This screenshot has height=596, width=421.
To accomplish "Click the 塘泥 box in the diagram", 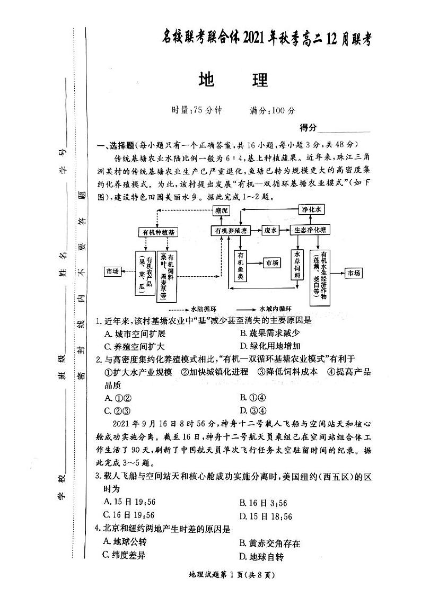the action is [221, 211].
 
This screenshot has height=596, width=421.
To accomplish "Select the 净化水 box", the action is [312, 209].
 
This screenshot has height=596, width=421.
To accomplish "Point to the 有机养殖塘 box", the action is [231, 231].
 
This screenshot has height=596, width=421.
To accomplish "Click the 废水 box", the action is [271, 230].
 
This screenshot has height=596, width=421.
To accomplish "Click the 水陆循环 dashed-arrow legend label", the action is [204, 308].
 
